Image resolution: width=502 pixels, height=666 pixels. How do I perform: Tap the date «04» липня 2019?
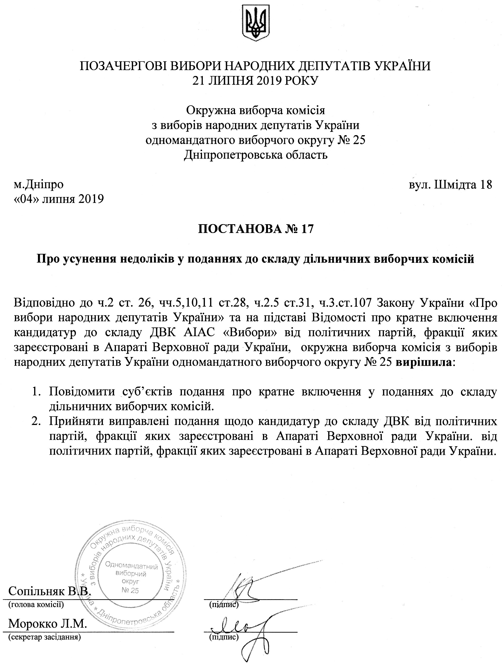59,199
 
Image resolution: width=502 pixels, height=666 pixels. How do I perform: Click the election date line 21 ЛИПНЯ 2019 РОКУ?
255,80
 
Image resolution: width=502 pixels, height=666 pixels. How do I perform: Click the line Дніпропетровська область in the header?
255,155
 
